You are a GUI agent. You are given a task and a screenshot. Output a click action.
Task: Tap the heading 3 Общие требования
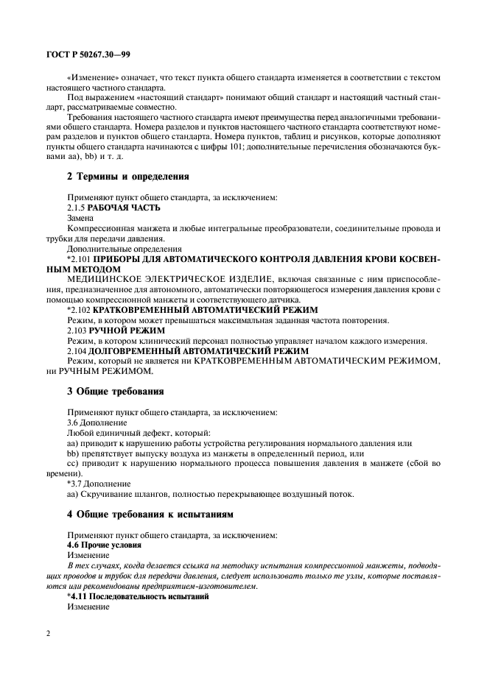pyautogui.click(x=111, y=390)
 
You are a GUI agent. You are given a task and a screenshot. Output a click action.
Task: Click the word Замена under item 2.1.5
pyautogui.click(x=82, y=219)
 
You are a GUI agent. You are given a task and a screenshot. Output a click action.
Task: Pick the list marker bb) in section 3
pyautogui.click(x=73, y=453)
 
